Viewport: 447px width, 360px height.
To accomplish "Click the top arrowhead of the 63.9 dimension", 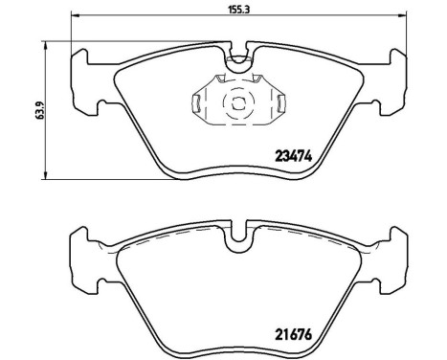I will [x=46, y=43].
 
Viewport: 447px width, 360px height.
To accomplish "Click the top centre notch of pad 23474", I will [x=235, y=56].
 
